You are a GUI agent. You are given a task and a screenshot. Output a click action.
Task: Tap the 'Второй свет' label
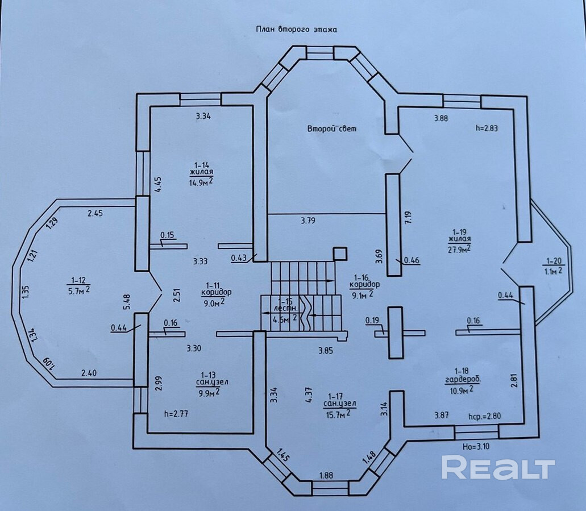click(x=333, y=129)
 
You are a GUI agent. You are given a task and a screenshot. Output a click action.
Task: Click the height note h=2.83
click(x=487, y=128)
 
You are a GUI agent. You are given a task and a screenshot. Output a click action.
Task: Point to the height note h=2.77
click(x=175, y=414)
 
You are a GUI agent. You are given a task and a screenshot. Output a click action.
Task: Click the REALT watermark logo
click(x=498, y=468)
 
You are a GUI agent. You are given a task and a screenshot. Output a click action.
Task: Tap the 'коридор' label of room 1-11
click(x=216, y=292)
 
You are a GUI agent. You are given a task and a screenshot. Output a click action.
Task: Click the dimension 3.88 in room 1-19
click(x=442, y=118)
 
